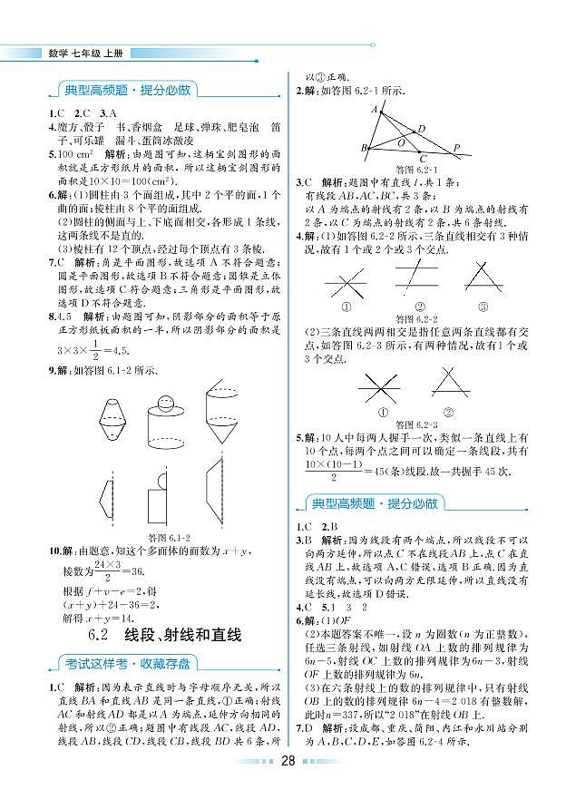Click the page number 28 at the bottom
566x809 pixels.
288,785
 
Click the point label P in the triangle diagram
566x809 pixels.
456,148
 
